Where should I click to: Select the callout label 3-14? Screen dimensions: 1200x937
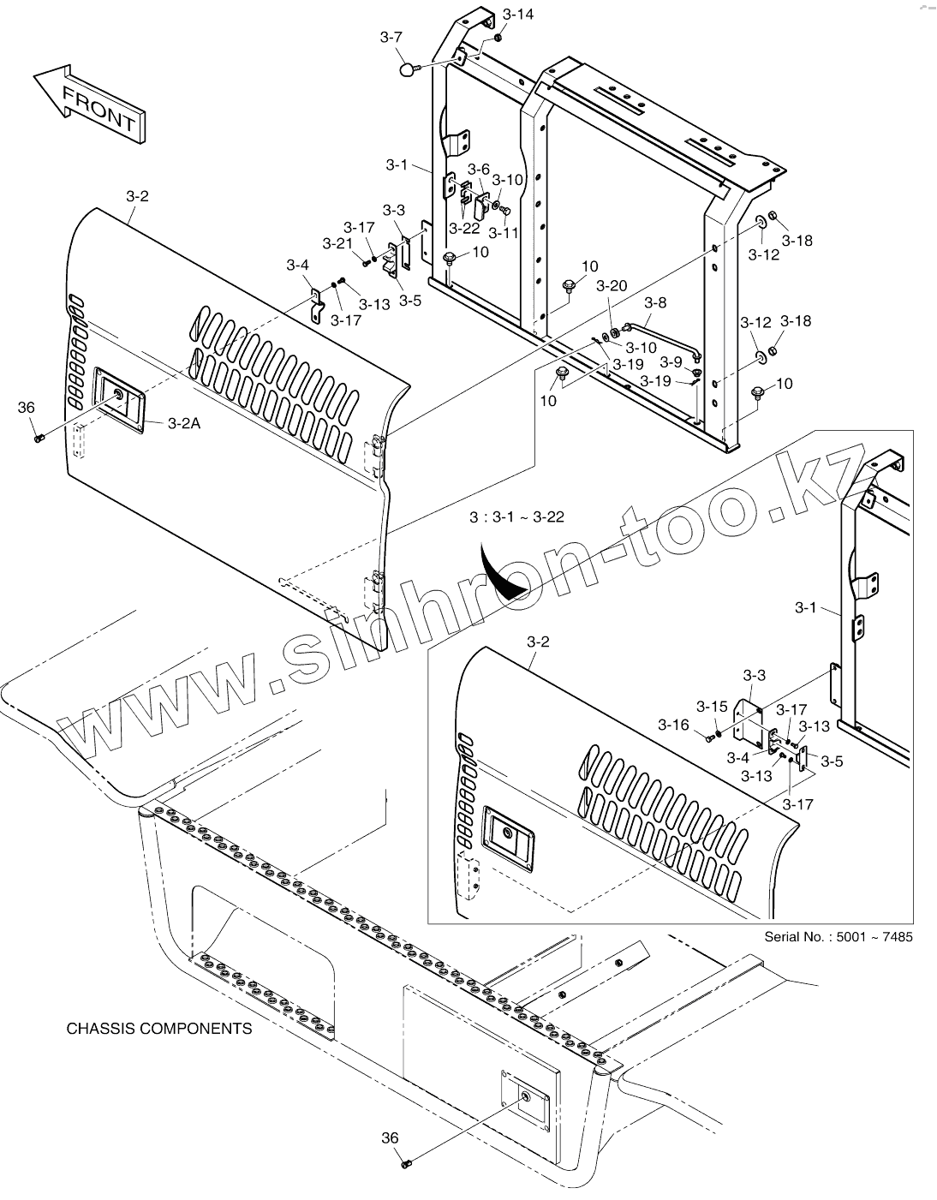[x=517, y=15]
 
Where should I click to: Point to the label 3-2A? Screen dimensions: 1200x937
[x=185, y=422]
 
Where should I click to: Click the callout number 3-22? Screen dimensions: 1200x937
[x=465, y=229]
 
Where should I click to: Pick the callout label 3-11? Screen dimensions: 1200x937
[x=503, y=232]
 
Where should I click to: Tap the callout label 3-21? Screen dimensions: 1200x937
[x=337, y=244]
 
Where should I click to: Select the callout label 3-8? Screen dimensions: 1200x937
[x=654, y=302]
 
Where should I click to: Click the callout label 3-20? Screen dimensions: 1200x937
[x=612, y=285]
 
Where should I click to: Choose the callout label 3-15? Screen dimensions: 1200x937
[x=711, y=707]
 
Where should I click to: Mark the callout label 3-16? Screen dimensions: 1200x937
[x=673, y=725]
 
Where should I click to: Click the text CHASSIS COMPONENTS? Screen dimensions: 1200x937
[x=159, y=1028]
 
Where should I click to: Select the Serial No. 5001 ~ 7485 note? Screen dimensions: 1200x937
[x=838, y=936]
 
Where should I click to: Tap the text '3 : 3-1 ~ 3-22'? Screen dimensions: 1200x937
[x=516, y=516]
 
